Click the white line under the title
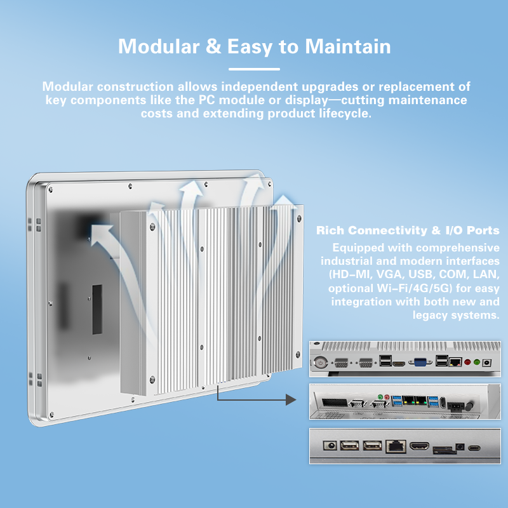[254, 69]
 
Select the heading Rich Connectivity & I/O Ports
[408, 231]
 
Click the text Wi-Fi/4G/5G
[395, 288]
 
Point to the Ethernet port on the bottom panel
[394, 446]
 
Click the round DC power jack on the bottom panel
[330, 446]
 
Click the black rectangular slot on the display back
[97, 309]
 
